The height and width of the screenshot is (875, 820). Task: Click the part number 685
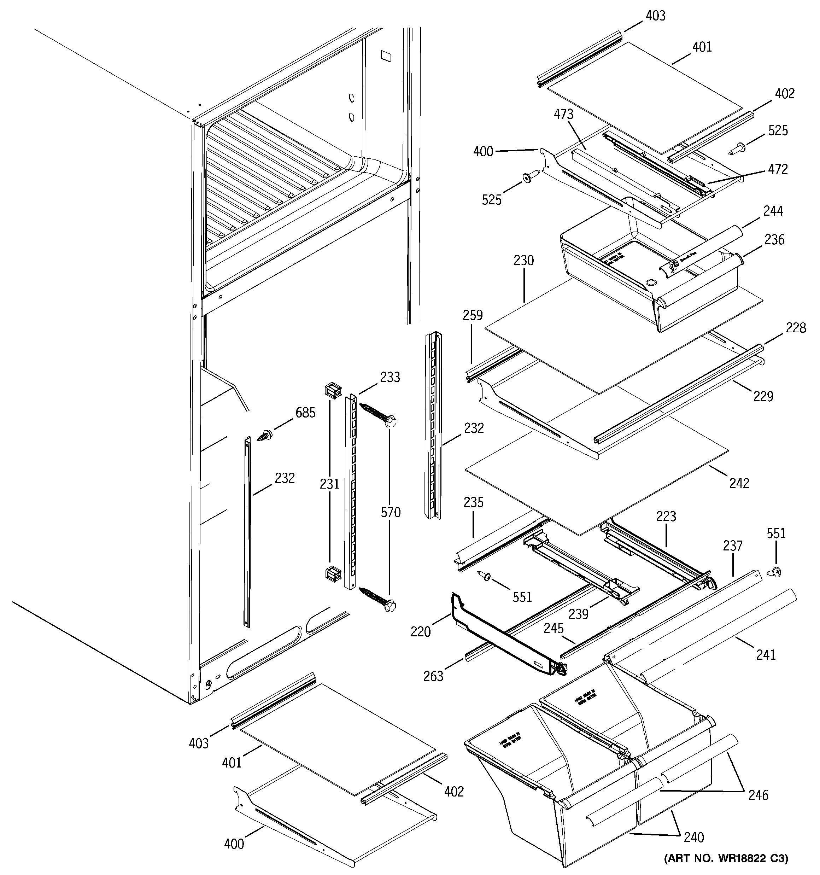click(305, 413)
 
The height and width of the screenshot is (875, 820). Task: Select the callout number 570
click(391, 512)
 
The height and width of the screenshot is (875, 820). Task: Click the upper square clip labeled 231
click(333, 390)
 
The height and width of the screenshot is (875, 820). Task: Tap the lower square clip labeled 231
click(333, 574)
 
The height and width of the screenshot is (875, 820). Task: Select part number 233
click(390, 377)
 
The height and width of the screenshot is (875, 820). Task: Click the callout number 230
click(523, 260)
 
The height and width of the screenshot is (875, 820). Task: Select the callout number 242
click(739, 483)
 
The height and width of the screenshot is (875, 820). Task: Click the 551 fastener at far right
click(776, 573)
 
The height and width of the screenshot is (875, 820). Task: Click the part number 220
click(420, 632)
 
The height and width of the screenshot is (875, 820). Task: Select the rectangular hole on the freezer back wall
click(386, 56)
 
